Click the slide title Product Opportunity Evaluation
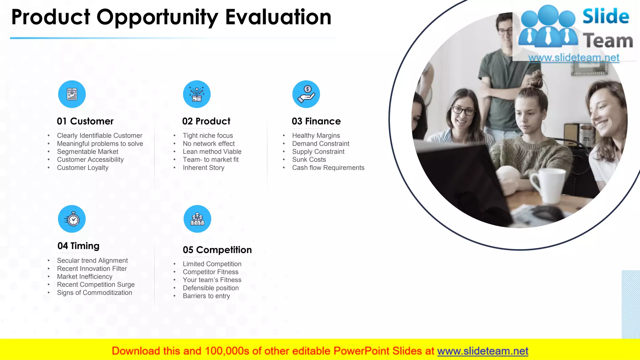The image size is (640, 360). point(171,17)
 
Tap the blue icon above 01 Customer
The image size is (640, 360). point(72,94)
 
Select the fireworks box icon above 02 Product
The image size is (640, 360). point(197,94)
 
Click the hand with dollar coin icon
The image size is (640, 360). point(306,94)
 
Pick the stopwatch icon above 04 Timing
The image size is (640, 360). point(72,219)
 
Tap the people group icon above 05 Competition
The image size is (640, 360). point(197,219)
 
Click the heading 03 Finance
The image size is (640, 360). point(316,121)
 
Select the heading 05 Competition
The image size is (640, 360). point(217,250)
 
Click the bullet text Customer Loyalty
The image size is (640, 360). point(82,168)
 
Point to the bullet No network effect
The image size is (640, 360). point(209,144)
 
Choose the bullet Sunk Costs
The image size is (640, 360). point(309,160)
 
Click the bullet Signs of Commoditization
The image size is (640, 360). point(94,293)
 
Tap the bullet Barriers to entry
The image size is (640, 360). point(206,296)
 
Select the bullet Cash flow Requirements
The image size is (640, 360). point(328,168)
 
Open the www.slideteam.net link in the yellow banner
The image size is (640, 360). point(482,351)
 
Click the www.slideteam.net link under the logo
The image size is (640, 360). point(574,58)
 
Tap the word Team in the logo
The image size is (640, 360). point(608,41)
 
